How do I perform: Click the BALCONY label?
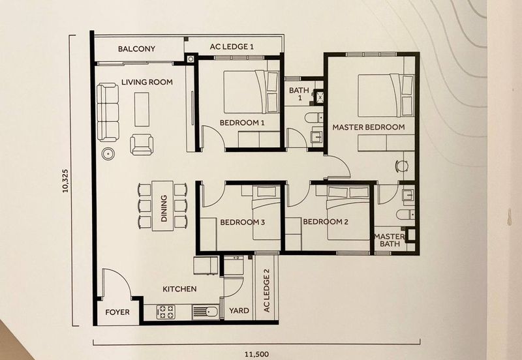(x=136, y=49)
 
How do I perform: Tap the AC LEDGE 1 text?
(x=232, y=46)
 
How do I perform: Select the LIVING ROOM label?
(x=147, y=82)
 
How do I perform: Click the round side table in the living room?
(x=108, y=154)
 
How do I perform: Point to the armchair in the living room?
(x=142, y=144)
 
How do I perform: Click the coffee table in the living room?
(x=142, y=110)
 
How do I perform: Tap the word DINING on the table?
(x=164, y=209)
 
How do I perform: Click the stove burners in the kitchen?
(x=166, y=312)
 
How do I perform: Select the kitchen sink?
(x=206, y=312)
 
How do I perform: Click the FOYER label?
(x=117, y=312)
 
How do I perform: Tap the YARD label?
(x=239, y=310)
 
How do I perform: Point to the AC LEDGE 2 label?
(x=266, y=290)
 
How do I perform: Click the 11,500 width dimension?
(x=256, y=354)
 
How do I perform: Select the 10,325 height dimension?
(x=65, y=181)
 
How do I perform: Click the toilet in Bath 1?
(x=314, y=117)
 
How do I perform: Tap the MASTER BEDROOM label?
(x=369, y=127)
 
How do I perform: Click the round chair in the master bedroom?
(x=401, y=166)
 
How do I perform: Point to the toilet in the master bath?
(x=405, y=215)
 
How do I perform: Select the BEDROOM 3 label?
(x=242, y=222)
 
